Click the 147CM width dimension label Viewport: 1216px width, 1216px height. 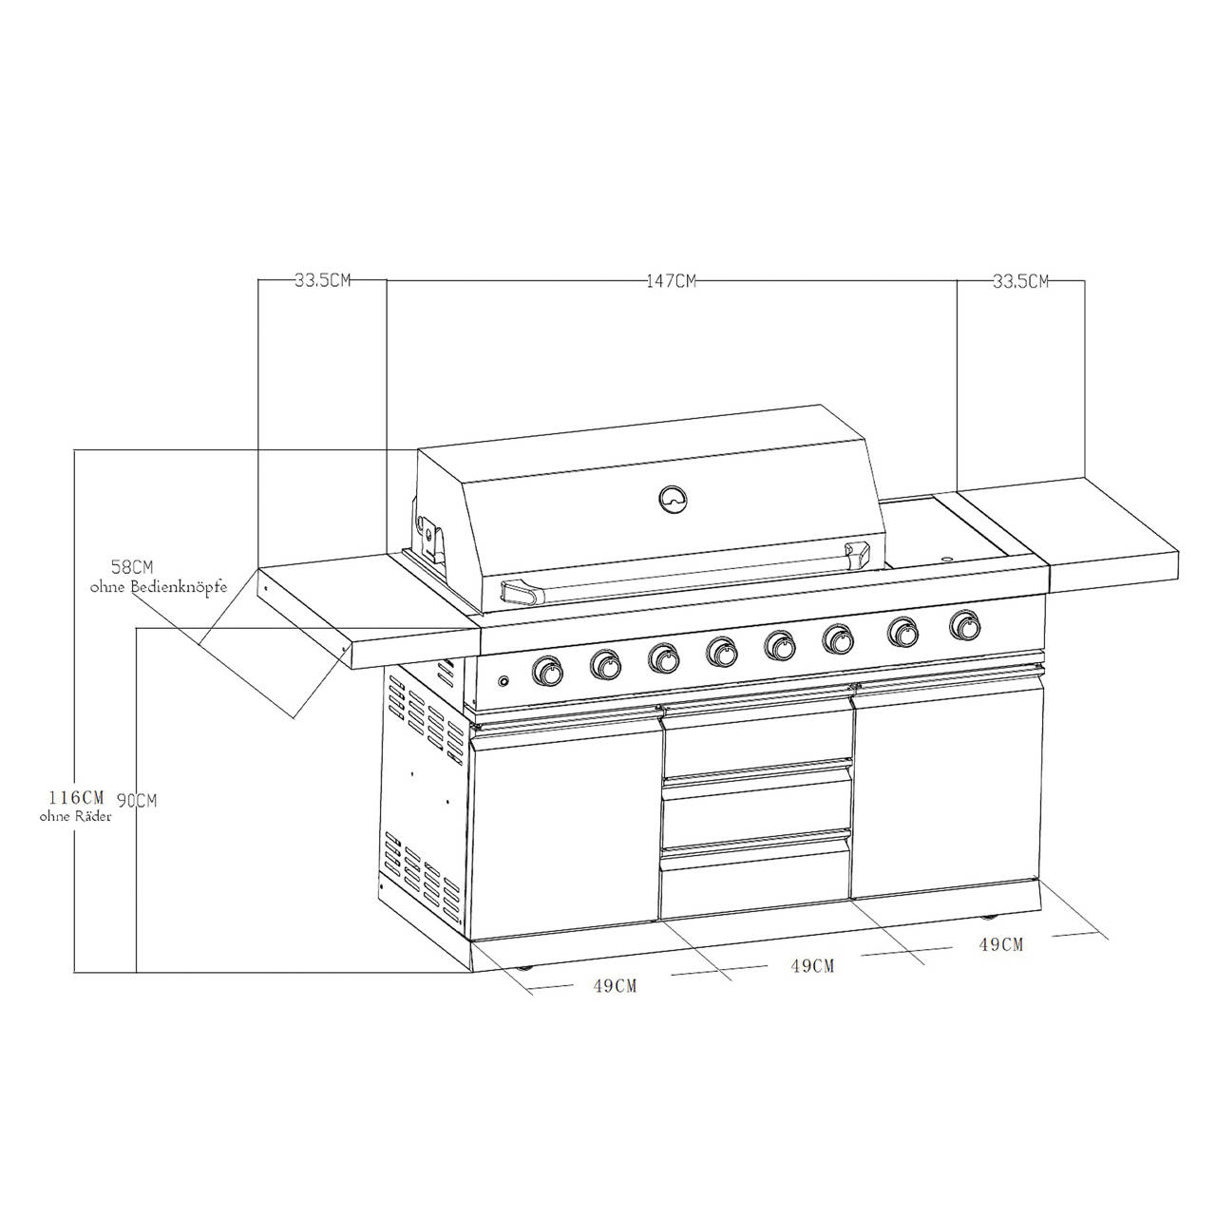tap(671, 281)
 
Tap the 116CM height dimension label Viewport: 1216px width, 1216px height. tap(76, 796)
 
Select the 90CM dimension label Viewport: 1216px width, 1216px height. tap(137, 801)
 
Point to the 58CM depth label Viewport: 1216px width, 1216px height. tap(132, 566)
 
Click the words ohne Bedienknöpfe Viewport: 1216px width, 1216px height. tap(159, 587)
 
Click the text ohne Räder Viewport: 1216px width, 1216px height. tap(76, 817)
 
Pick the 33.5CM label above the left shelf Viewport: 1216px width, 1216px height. tap(322, 280)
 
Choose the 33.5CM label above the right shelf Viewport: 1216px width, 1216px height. tap(1020, 281)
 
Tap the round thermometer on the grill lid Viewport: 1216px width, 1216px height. tap(674, 500)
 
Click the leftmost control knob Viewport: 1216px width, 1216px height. tap(547, 670)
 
